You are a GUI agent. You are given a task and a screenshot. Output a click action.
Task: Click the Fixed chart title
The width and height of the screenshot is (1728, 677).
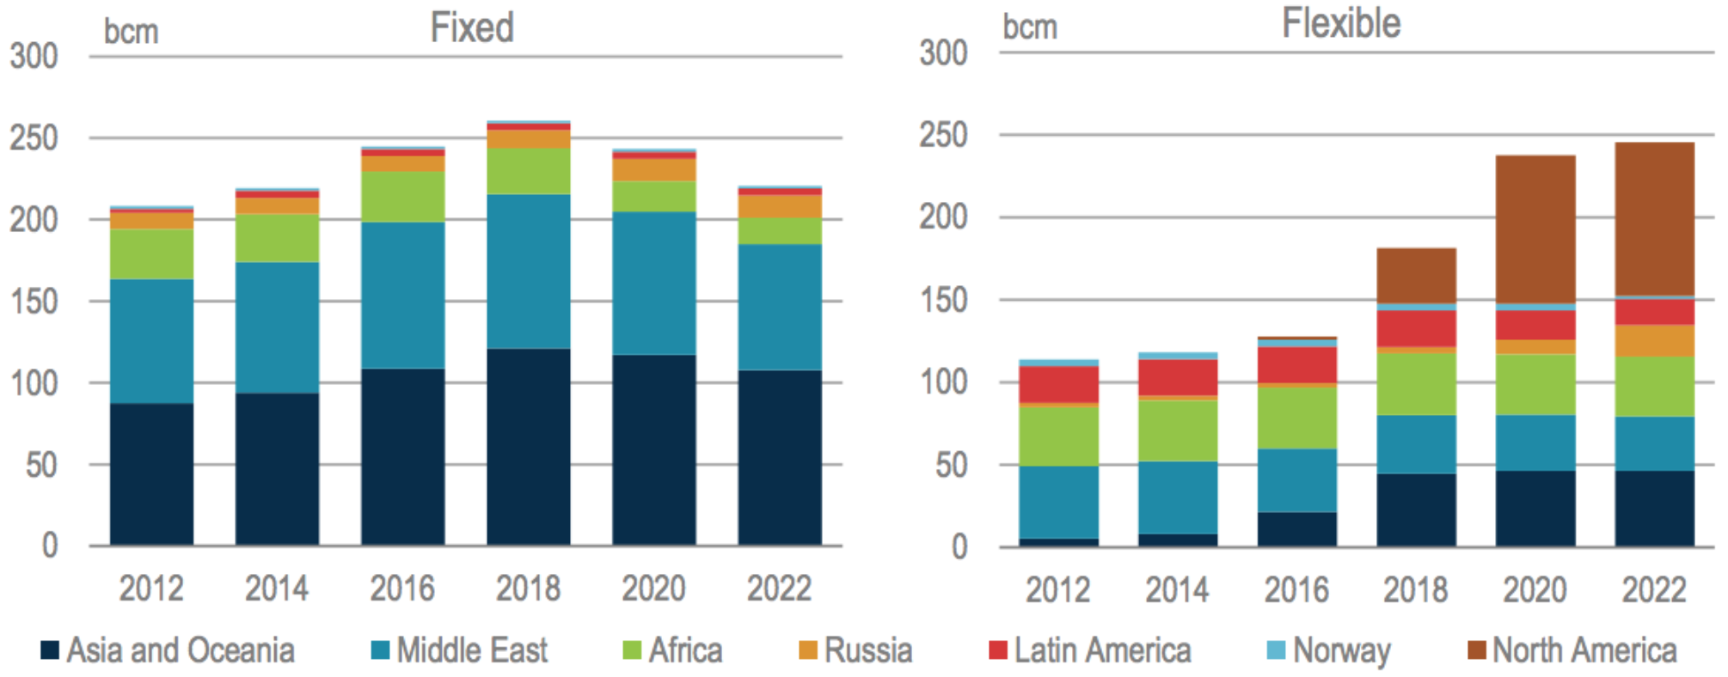click(x=472, y=27)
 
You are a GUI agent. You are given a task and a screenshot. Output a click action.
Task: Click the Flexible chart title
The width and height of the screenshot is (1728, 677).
click(x=1341, y=23)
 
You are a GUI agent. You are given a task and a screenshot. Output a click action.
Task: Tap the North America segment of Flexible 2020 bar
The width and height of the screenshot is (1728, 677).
click(x=1535, y=229)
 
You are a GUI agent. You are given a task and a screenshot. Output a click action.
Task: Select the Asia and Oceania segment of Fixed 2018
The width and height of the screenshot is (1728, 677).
click(x=528, y=447)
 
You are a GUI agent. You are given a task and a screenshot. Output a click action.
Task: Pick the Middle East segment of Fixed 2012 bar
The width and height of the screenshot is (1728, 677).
click(x=151, y=341)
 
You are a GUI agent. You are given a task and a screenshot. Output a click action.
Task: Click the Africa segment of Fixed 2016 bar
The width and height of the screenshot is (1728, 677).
click(x=402, y=197)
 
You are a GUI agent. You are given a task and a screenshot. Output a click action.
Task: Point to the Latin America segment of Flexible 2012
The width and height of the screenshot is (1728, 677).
click(x=1058, y=384)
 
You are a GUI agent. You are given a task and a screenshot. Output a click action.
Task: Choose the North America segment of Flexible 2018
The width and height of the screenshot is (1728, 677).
click(x=1416, y=275)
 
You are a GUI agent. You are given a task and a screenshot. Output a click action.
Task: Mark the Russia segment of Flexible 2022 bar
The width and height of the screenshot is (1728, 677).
click(x=1654, y=341)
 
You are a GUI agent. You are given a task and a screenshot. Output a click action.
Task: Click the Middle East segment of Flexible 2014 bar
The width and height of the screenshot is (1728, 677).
click(x=1178, y=497)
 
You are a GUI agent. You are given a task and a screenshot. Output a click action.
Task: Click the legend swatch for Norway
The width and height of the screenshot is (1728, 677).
click(x=1277, y=650)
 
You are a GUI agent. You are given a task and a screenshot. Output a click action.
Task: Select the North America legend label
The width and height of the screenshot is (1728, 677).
click(x=1584, y=650)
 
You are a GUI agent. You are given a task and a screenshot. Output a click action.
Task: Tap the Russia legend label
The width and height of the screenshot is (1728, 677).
click(x=868, y=650)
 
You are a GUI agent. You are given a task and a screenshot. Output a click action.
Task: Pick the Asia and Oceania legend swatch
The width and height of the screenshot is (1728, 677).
click(x=50, y=650)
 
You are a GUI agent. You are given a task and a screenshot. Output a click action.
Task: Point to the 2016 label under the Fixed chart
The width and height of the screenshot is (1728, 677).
click(x=402, y=589)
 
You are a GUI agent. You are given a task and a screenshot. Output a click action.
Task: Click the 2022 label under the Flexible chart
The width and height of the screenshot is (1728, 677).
click(x=1654, y=590)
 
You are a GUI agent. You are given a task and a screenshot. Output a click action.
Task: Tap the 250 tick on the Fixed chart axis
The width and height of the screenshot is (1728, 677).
click(x=34, y=137)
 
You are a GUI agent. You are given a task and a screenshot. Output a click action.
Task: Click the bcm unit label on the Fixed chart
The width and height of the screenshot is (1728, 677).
click(x=131, y=32)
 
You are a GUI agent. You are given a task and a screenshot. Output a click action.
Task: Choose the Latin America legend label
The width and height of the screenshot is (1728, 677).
click(x=1102, y=650)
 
